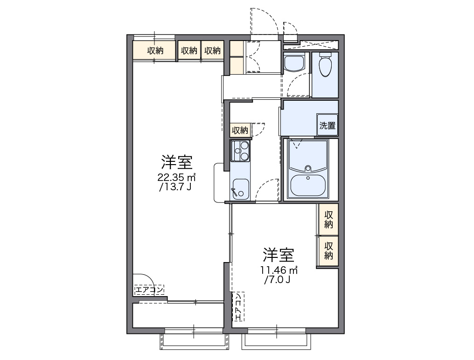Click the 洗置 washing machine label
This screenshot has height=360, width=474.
(x=327, y=125)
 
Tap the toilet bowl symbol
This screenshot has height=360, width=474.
(x=325, y=65)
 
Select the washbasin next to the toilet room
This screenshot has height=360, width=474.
(x=294, y=62)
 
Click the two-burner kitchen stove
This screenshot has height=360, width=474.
(x=241, y=151)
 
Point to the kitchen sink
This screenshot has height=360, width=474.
(x=240, y=189)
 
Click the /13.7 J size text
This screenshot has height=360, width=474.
(x=175, y=187)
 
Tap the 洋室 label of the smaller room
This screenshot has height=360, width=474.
(x=278, y=255)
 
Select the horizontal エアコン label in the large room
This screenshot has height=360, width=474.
(x=149, y=290)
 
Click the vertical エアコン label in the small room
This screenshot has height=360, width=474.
(x=238, y=307)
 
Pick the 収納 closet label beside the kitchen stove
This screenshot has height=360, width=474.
(x=240, y=130)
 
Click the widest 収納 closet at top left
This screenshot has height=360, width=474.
(x=155, y=51)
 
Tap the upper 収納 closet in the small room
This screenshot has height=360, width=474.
(x=329, y=219)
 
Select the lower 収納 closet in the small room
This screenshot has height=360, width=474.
(x=329, y=250)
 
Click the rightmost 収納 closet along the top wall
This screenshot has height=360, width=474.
(x=212, y=51)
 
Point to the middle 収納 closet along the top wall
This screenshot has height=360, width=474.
(x=189, y=51)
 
